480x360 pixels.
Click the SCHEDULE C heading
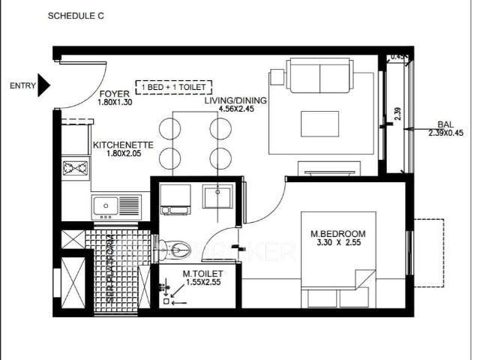(75, 15)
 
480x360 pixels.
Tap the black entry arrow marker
(44, 85)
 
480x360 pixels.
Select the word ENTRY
(22, 85)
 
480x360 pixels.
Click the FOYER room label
(115, 94)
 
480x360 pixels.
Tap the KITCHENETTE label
(123, 145)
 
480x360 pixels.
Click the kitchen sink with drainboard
(116, 205)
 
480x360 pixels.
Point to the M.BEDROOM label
(337, 233)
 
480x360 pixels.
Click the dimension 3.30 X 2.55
(337, 243)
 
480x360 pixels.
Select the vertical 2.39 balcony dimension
(397, 114)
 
